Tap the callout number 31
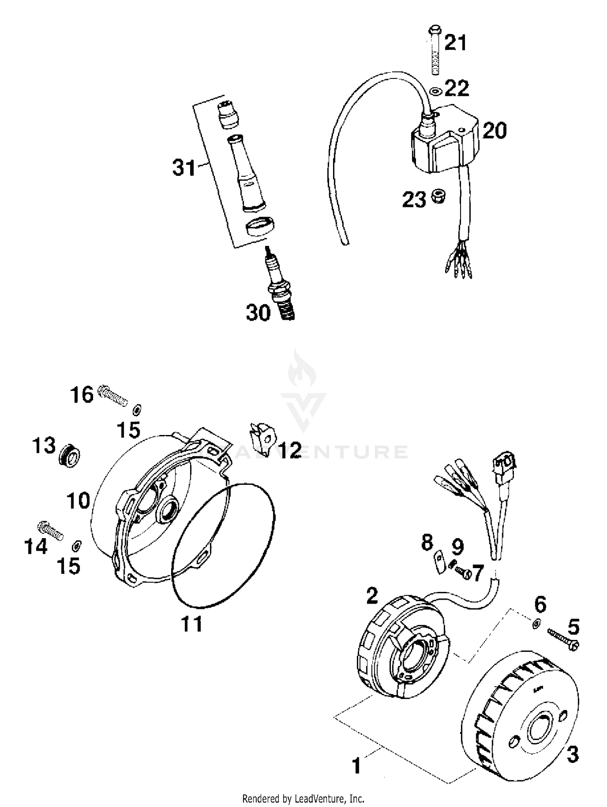click(x=184, y=167)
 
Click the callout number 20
click(x=495, y=131)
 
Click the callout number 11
click(x=191, y=624)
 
